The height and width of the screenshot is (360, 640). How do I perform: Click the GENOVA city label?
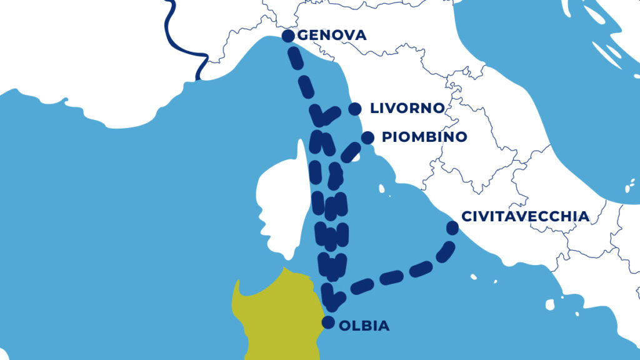332,36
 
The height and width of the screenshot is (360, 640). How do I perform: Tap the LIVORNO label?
407,108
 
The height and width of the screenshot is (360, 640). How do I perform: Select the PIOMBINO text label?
424,137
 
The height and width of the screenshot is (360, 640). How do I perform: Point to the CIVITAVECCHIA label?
525,216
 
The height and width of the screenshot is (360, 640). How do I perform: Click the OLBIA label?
364,326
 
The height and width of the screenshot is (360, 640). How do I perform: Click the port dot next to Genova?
288,36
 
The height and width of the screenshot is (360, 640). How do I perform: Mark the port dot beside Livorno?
354,109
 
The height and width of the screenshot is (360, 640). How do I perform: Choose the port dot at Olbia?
327,322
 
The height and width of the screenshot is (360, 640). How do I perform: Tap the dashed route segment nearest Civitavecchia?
445,251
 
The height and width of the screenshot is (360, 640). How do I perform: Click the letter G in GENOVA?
303,36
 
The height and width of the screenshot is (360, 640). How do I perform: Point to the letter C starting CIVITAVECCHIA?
466,216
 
